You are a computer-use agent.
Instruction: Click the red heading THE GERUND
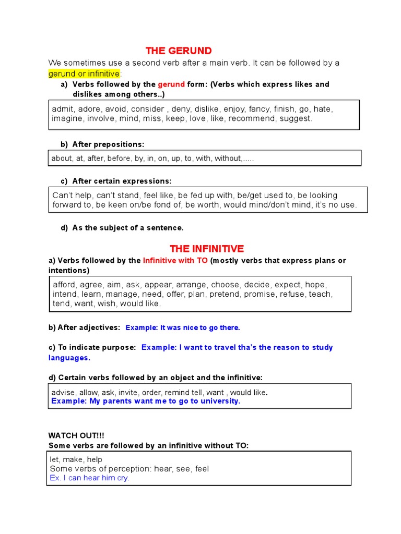coord(179,51)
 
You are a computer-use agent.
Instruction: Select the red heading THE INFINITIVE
coord(207,249)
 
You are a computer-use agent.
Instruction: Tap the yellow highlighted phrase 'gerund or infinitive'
coord(84,74)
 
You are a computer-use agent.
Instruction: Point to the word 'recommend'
coord(253,118)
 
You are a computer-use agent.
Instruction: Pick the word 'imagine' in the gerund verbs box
coord(67,118)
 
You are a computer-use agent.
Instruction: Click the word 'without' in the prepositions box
coord(228,159)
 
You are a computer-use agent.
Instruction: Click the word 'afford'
coord(65,285)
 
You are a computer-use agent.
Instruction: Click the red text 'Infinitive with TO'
coord(175,260)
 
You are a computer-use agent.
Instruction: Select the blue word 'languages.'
coord(69,358)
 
